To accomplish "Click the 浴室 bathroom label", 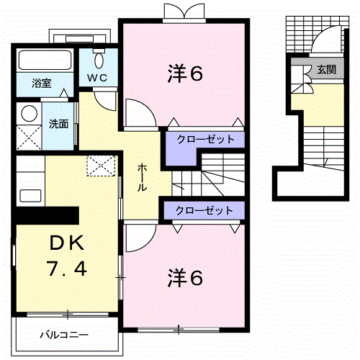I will (x=40, y=83).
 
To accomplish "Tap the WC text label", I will (x=98, y=77).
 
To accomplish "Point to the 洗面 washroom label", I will (x=58, y=123).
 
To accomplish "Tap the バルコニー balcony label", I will (x=64, y=336).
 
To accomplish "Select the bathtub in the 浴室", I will (x=45, y=60).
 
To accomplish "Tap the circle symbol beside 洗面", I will (x=30, y=113).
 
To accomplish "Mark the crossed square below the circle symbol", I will (x=30, y=136).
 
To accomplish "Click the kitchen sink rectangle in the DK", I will (x=30, y=194).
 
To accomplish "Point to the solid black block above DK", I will (x=48, y=215).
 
